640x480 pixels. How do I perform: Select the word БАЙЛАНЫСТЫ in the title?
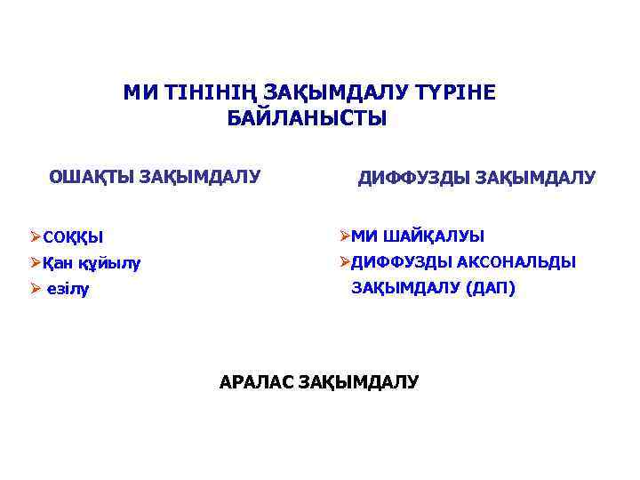pos(308,118)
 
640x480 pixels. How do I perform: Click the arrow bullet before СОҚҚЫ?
pos(35,236)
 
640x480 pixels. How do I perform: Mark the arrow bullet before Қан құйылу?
pos(35,262)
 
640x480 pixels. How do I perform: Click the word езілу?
pos(68,290)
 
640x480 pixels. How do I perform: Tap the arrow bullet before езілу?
pos(35,289)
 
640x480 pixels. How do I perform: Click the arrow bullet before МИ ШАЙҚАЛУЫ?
pos(344,236)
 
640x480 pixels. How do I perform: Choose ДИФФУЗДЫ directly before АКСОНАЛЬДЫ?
pos(402,262)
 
